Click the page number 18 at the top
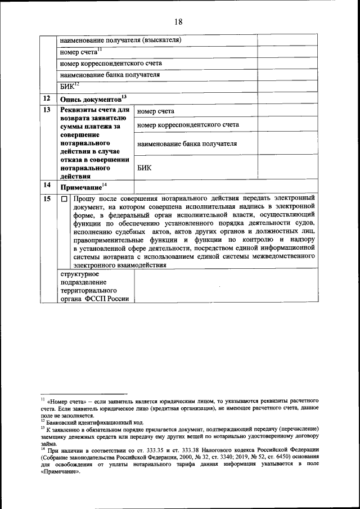point(178,22)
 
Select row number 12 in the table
point(47,98)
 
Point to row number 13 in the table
point(47,110)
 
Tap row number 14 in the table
point(47,186)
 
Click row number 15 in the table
point(47,199)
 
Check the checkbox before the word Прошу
point(65,199)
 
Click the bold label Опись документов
point(91,99)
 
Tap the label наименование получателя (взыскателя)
point(120,40)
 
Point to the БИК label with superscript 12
point(67,86)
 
